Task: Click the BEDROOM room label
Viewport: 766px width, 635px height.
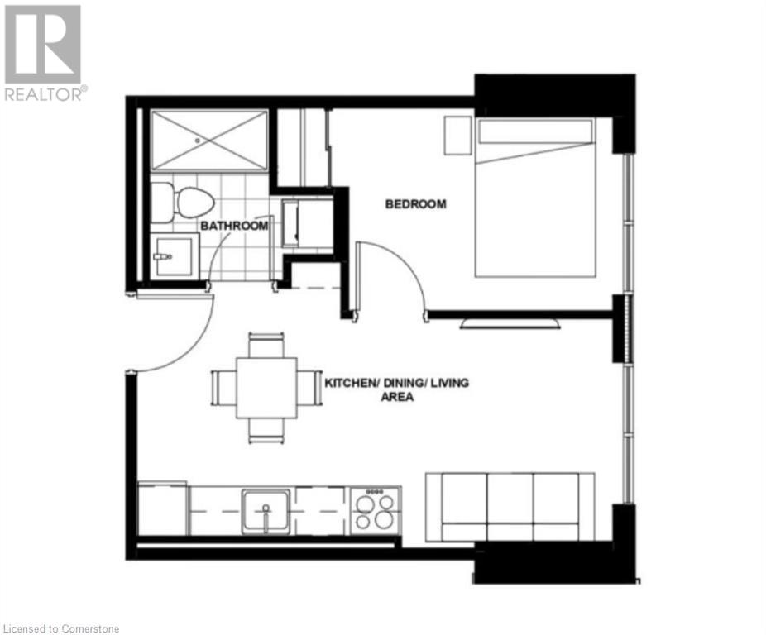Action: tap(415, 204)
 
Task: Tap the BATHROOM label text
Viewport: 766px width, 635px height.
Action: tap(234, 226)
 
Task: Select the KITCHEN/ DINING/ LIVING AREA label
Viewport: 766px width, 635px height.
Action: tap(396, 389)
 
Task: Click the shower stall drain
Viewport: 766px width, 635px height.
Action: tap(199, 140)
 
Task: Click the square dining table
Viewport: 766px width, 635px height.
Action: tap(266, 388)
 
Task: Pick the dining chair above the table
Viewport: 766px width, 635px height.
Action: tap(266, 345)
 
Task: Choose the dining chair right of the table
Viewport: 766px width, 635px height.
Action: tap(309, 388)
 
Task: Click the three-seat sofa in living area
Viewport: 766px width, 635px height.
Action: tap(510, 507)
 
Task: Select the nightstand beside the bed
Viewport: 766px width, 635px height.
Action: tap(457, 136)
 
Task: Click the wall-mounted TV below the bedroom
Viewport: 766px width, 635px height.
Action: tap(509, 322)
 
